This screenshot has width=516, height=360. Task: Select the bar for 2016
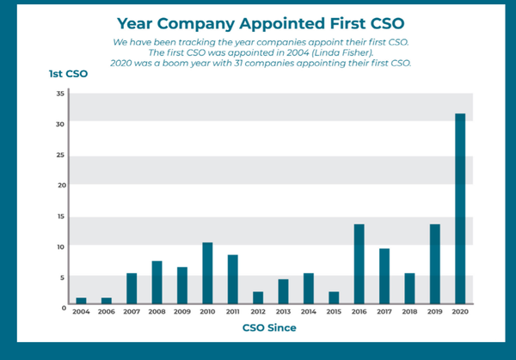[359, 263]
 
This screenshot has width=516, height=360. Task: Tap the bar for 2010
[207, 272]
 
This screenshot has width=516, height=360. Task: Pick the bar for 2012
[258, 297]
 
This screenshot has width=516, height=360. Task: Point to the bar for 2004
[81, 300]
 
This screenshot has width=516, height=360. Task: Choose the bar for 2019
[435, 263]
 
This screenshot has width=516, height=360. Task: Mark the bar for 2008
[157, 282]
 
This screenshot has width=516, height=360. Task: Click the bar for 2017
[384, 276]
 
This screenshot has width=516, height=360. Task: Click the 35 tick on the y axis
[60, 93]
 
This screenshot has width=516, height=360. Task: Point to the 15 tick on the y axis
[60, 216]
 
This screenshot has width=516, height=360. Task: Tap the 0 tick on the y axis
[63, 306]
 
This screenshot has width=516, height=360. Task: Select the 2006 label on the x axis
[106, 312]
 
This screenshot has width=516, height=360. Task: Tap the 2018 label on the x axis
[409, 312]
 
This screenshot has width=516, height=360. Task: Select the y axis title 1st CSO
[68, 74]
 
